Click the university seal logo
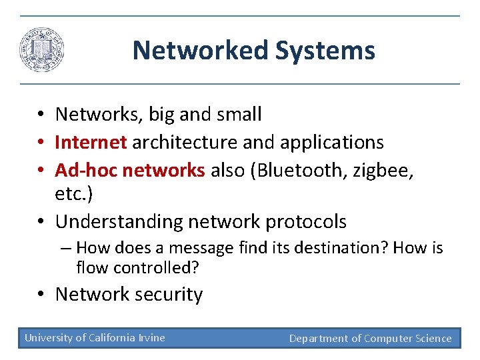[x=42, y=51]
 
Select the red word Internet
[x=91, y=143]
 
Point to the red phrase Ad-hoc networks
[x=130, y=171]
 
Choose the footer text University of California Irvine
[x=95, y=337]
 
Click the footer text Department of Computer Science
[x=370, y=338]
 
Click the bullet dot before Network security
[x=41, y=295]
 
